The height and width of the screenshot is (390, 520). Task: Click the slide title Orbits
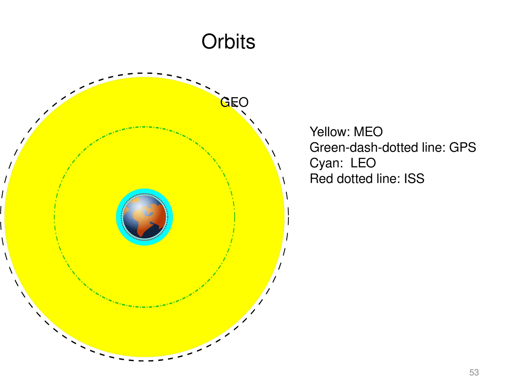click(x=228, y=42)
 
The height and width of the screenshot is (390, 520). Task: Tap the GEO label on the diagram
click(x=234, y=102)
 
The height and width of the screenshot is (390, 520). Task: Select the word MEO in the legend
click(x=368, y=132)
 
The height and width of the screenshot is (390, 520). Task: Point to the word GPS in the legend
click(x=462, y=147)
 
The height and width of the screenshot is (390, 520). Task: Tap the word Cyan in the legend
click(x=326, y=163)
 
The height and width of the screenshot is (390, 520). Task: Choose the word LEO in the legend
click(x=363, y=163)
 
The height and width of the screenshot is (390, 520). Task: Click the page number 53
click(x=474, y=372)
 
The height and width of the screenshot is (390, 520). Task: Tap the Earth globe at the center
click(x=144, y=217)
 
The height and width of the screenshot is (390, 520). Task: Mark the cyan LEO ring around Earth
click(x=144, y=191)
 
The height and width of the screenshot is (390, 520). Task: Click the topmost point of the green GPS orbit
click(x=144, y=127)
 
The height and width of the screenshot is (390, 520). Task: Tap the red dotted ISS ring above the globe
click(x=144, y=194)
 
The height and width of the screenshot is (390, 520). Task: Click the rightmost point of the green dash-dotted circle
click(x=235, y=217)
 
